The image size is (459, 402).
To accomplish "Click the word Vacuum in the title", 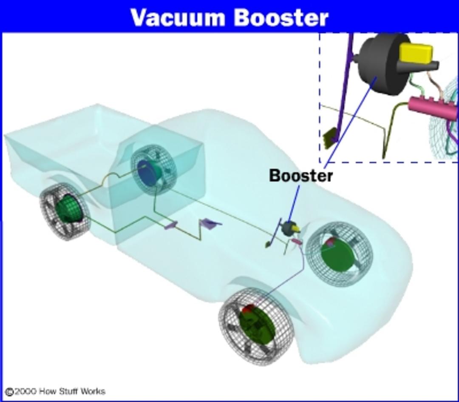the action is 178,17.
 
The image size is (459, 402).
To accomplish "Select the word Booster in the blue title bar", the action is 281,17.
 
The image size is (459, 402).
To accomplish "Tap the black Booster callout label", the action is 301,176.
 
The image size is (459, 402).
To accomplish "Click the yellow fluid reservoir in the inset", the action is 416,53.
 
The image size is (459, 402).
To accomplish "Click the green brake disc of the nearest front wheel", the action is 257,325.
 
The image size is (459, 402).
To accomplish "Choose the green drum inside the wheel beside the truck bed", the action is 68,208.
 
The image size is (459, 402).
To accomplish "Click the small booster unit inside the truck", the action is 290,228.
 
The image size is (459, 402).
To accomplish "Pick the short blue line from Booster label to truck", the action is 294,204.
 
